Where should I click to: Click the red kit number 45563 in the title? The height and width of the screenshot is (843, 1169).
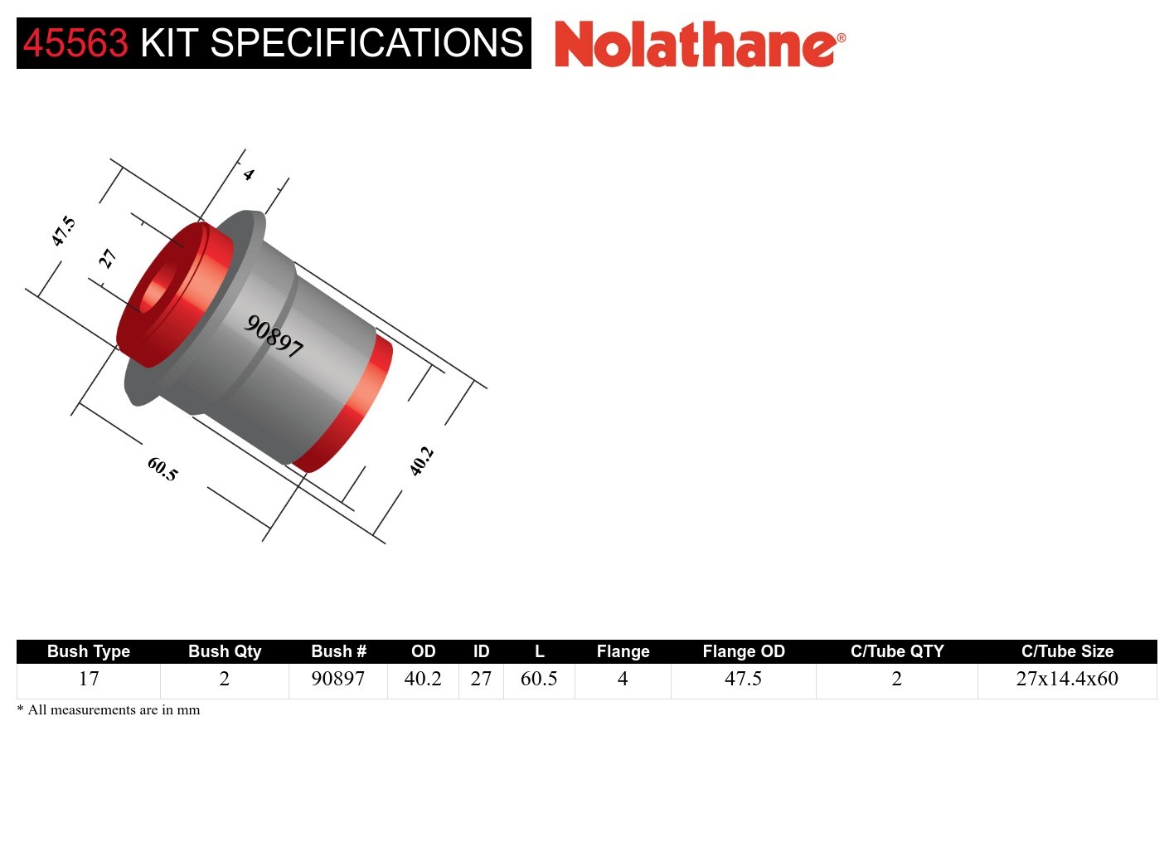tap(75, 43)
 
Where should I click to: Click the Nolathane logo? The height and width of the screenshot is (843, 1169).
tap(699, 44)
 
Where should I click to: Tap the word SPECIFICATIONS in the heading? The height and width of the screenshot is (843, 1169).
tap(366, 43)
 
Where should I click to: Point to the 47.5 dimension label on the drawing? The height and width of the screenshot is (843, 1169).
tap(63, 231)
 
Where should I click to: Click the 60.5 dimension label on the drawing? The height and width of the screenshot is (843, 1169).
tap(162, 469)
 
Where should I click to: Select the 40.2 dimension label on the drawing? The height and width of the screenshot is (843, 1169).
tap(421, 460)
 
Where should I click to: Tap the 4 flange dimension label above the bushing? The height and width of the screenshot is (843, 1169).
tap(248, 174)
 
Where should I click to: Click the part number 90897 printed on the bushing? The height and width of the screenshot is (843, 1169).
tap(274, 335)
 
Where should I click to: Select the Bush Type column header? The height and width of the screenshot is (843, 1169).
tap(88, 651)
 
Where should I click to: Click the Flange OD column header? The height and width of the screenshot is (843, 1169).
tap(743, 651)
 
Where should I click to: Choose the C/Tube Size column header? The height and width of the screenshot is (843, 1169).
tap(1067, 651)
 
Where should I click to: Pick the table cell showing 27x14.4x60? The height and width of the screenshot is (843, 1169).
tap(1067, 679)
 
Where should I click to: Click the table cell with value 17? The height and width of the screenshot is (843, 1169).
tap(89, 679)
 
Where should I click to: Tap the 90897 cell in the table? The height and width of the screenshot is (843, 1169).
tap(337, 679)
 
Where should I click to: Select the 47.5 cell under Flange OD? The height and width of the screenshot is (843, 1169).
tap(743, 679)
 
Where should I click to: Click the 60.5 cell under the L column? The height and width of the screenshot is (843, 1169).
tap(539, 679)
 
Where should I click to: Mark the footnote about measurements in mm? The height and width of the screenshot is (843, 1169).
tap(109, 710)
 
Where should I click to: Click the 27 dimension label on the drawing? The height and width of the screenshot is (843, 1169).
tap(107, 259)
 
